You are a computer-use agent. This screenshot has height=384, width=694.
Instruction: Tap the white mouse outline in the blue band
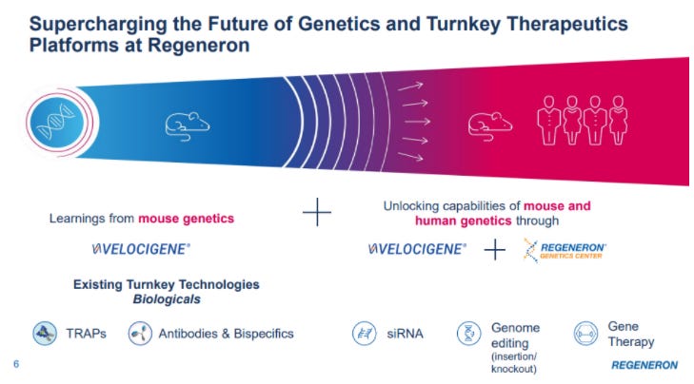[188, 123]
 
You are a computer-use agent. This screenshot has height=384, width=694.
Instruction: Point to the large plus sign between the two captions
[317, 212]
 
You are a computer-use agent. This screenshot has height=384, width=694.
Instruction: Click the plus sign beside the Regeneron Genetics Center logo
[494, 250]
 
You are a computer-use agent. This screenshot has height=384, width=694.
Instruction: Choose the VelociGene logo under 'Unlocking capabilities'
[417, 250]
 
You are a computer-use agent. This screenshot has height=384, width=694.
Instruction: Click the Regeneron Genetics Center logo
[565, 250]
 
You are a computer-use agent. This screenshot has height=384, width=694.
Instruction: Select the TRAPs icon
[42, 334]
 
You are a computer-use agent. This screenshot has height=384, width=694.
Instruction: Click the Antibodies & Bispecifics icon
[139, 334]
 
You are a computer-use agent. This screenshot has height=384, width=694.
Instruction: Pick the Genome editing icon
[468, 334]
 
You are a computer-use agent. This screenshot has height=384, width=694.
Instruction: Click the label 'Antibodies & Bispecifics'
[225, 334]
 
